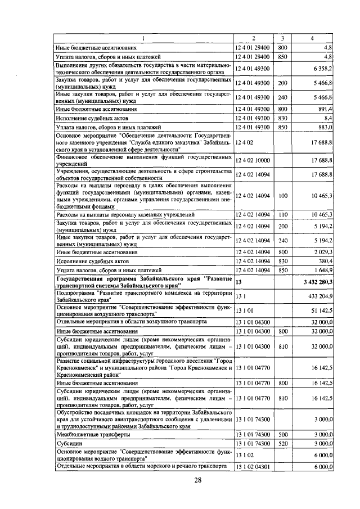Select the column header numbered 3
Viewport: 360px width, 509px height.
click(283, 38)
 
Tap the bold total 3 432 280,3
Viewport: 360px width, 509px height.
click(313, 282)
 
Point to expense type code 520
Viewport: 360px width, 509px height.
click(283, 444)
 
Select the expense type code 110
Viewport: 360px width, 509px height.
click(283, 215)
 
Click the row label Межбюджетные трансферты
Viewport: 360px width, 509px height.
click(84, 435)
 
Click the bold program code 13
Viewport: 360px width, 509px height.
click(238, 282)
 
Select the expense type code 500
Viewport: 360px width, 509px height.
click(283, 435)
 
